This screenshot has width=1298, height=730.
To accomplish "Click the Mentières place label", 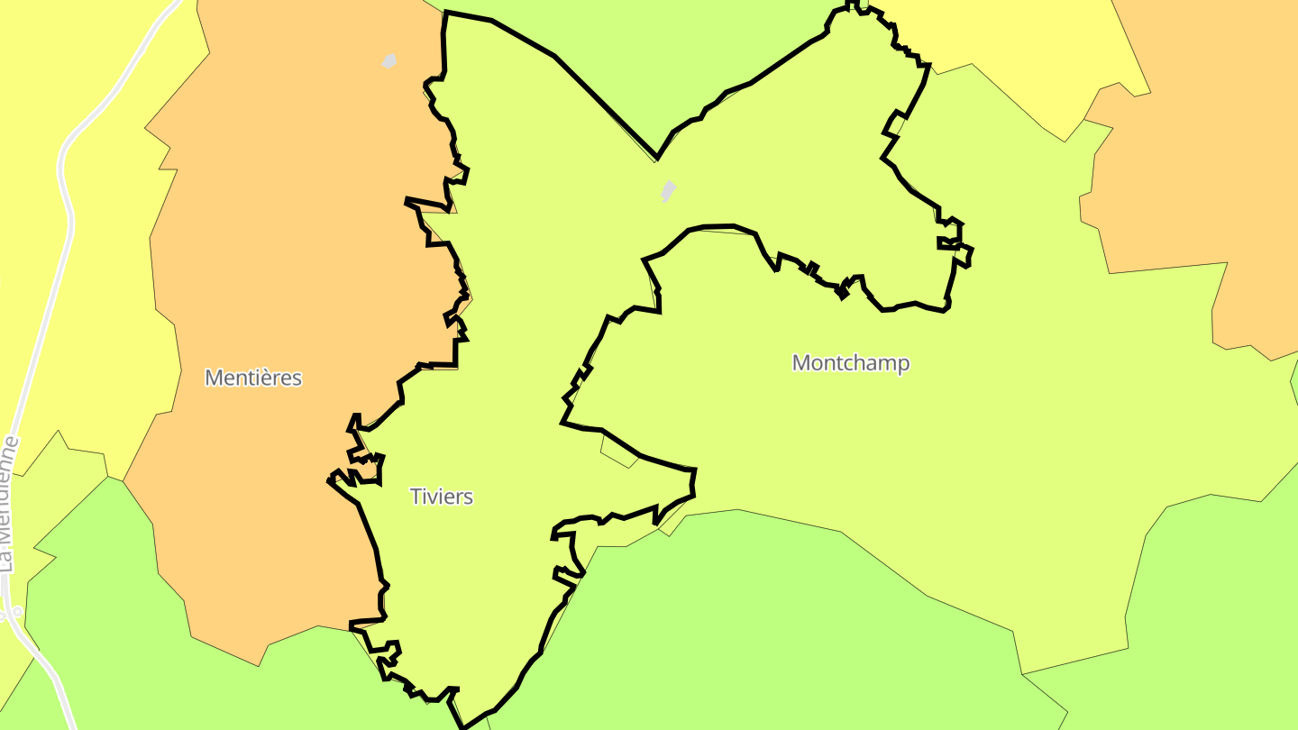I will [253, 378].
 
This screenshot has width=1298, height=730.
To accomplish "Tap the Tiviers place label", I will [442, 497].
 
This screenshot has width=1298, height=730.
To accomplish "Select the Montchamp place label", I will [851, 363].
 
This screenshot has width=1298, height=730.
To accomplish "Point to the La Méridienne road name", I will [9, 505].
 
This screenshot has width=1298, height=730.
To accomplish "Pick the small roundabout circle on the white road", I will [16, 611].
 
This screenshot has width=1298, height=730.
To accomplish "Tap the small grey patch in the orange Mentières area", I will [389, 61].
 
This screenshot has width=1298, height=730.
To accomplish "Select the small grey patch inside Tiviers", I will [668, 191].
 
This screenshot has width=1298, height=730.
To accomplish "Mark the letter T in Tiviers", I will [416, 497].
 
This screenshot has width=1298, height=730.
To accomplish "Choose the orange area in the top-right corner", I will [1208, 135].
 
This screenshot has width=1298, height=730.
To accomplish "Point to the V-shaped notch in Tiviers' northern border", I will [657, 158].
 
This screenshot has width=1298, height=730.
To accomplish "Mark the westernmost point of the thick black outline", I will [329, 480].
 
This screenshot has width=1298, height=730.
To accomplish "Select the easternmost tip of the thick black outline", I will [972, 253].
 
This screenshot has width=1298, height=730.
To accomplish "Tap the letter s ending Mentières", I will [297, 378].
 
